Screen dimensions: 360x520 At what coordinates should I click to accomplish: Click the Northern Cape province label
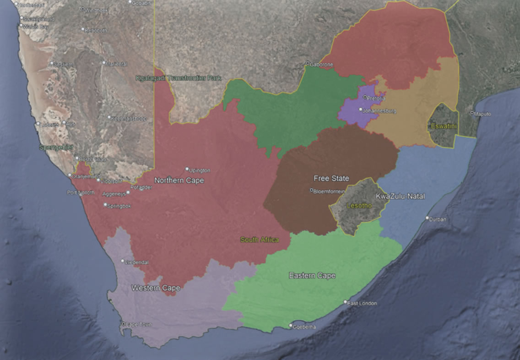pos(179,180)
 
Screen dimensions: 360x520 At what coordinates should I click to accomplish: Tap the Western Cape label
pos(156,288)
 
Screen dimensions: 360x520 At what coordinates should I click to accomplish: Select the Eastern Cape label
pos(312,276)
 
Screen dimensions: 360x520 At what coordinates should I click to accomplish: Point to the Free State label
pos(331,178)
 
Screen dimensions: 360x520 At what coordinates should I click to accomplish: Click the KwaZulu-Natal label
pos(400,196)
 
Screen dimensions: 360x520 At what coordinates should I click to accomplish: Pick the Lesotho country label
pos(359,206)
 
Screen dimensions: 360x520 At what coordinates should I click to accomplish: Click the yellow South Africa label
pos(259,240)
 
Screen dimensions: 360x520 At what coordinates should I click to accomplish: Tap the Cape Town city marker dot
pos(123,324)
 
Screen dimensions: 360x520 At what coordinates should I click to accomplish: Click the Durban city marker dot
pos(428,218)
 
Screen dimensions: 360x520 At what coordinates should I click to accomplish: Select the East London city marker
pos(346,302)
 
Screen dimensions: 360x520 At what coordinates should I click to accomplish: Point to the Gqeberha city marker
pos(290,326)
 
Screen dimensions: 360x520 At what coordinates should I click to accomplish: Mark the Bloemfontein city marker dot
pos(312,190)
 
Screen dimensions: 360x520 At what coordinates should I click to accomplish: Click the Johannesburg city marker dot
pos(361,109)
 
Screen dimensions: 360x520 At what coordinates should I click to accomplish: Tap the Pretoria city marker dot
pos(365,97)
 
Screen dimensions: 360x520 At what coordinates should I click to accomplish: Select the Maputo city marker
pos(472,113)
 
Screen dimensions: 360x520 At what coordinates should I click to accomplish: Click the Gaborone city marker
pos(308,63)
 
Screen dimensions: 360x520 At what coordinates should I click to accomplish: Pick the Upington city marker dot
pos(187,169)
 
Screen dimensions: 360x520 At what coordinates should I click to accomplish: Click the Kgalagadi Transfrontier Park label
pos(178,78)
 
